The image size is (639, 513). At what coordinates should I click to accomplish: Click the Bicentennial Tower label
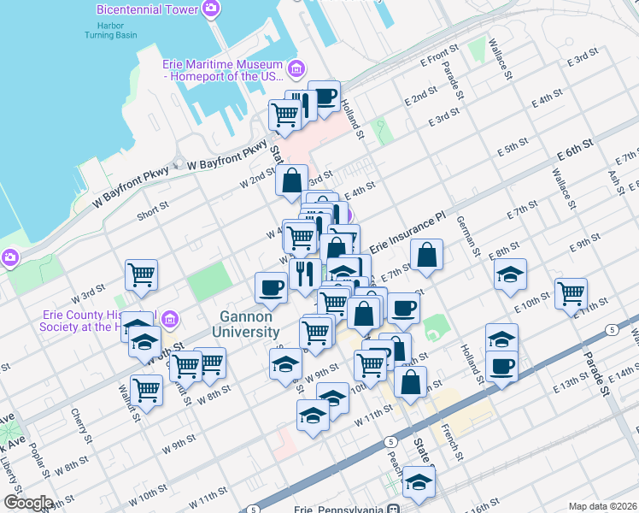pos(147,9)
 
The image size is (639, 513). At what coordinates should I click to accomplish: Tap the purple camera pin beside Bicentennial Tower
pos(211,9)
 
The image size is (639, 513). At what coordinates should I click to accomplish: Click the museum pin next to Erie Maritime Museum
pos(296,68)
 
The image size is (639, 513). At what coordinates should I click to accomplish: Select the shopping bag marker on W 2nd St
pos(292,180)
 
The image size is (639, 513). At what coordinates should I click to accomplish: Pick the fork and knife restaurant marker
pos(304,274)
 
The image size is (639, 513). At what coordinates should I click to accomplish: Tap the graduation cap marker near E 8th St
pos(510,274)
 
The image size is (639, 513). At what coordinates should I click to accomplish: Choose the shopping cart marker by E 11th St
pos(570,293)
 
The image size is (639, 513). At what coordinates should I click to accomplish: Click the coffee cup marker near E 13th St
pos(501,365)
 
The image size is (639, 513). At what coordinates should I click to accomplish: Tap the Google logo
pos(28,503)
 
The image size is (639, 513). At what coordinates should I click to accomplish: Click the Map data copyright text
pos(602,506)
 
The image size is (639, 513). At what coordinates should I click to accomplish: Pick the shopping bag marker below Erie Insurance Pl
pos(426,254)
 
